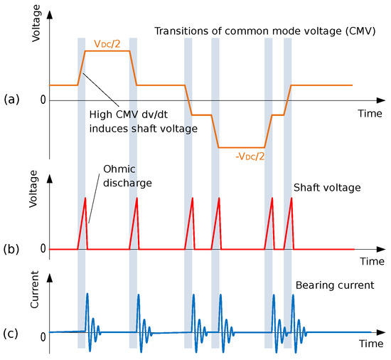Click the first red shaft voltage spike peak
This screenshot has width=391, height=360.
pyautogui.click(x=85, y=198)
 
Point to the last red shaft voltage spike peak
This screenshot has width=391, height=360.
pyautogui.click(x=291, y=198)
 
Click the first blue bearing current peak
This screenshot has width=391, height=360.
pyautogui.click(x=87, y=294)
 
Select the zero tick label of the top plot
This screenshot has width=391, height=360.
pyautogui.click(x=43, y=100)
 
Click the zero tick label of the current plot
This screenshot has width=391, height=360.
pyautogui.click(x=43, y=335)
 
